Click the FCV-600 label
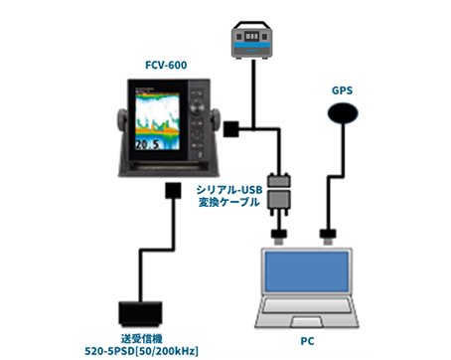166,65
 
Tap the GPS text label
342,90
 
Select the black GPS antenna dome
343,113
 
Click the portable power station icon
251,40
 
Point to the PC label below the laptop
307,341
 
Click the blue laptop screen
307,271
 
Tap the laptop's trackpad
307,321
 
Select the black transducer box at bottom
140,313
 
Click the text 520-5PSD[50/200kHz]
141,351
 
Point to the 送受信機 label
142,339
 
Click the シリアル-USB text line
229,190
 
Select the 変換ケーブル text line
228,202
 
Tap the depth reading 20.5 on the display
147,144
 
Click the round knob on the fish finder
197,107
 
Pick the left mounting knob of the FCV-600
121,118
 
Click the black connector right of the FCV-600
231,129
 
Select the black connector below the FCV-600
173,191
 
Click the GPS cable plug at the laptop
328,237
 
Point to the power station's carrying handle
251,25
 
